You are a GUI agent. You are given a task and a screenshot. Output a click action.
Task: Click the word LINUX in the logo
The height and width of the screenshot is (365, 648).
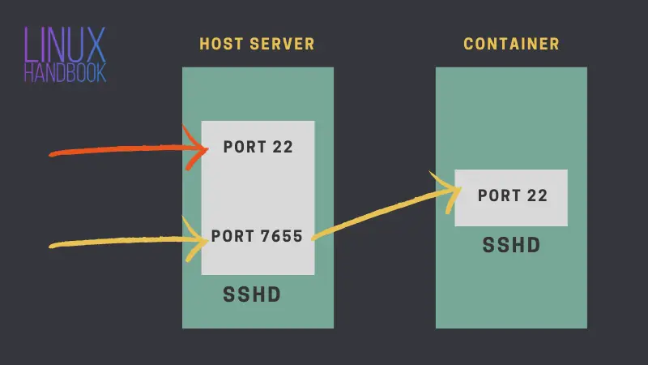pyautogui.click(x=64, y=45)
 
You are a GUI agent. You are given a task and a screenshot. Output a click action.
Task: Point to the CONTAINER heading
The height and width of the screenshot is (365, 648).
pyautogui.click(x=511, y=44)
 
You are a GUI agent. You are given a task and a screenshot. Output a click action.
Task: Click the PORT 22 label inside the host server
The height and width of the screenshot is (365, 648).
pyautogui.click(x=258, y=148)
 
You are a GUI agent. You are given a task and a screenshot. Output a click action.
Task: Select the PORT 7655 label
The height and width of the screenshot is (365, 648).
pyautogui.click(x=257, y=236)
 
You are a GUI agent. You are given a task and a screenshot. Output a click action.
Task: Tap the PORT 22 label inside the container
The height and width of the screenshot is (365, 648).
pyautogui.click(x=512, y=195)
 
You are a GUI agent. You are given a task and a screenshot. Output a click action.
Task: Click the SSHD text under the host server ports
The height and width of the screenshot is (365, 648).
pyautogui.click(x=252, y=295)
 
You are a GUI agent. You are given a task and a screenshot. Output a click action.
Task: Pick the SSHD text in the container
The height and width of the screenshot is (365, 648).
pyautogui.click(x=511, y=245)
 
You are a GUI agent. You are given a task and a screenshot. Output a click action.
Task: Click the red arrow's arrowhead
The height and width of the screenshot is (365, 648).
pyautogui.click(x=201, y=148)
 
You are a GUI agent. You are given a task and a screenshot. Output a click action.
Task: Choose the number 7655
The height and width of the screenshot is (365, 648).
pyautogui.click(x=283, y=236)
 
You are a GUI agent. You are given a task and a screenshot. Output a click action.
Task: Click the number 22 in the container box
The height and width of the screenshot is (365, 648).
pyautogui.click(x=536, y=195)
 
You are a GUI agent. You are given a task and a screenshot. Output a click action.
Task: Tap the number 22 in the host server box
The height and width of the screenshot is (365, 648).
pyautogui.click(x=282, y=148)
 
